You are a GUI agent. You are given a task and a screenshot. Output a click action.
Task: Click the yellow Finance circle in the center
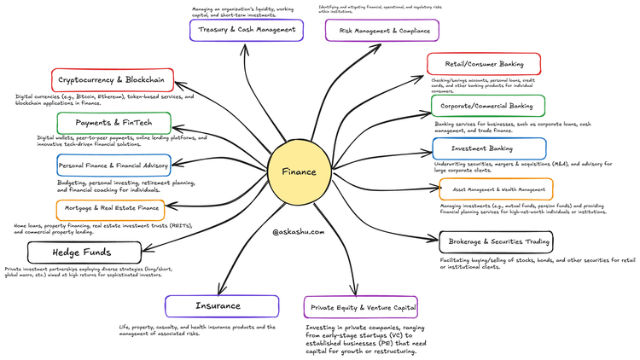[300, 171]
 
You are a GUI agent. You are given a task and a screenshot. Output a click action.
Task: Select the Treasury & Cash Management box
[246, 30]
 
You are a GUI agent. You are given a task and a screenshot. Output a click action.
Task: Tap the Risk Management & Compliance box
[382, 31]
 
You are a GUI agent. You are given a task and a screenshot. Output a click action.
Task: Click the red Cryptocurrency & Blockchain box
[113, 80]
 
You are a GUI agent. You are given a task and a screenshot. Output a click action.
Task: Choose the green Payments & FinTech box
[113, 123]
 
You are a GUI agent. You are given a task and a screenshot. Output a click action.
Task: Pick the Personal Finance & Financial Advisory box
[113, 165]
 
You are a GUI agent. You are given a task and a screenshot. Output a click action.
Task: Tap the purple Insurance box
[221, 305]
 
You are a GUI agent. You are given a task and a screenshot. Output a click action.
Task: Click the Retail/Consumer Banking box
[484, 64]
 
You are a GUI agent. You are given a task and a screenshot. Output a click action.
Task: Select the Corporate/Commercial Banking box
[486, 106]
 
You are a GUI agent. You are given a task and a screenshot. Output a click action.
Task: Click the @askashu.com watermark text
[299, 231]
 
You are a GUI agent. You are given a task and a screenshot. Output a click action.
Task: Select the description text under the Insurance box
[197, 329]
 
